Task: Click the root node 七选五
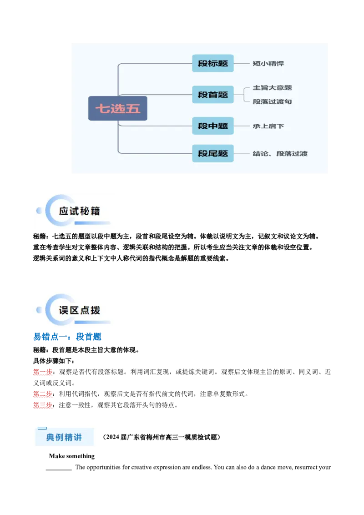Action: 117,108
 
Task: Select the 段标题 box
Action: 212,63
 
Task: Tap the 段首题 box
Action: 212,95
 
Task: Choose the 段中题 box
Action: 212,126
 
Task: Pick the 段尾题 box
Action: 212,153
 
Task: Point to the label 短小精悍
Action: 268,64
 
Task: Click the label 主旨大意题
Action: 272,87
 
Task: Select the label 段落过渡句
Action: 272,101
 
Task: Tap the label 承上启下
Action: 268,126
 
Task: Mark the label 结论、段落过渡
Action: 280,154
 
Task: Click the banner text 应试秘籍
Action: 79,211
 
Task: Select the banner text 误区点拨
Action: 79,310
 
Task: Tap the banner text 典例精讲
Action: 64,438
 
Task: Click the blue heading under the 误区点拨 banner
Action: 67,337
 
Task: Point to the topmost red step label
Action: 43,373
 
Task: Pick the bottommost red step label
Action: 43,405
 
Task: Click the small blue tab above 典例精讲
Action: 42,428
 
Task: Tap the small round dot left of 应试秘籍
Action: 39,211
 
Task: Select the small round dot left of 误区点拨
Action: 39,310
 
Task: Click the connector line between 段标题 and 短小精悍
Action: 243,63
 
